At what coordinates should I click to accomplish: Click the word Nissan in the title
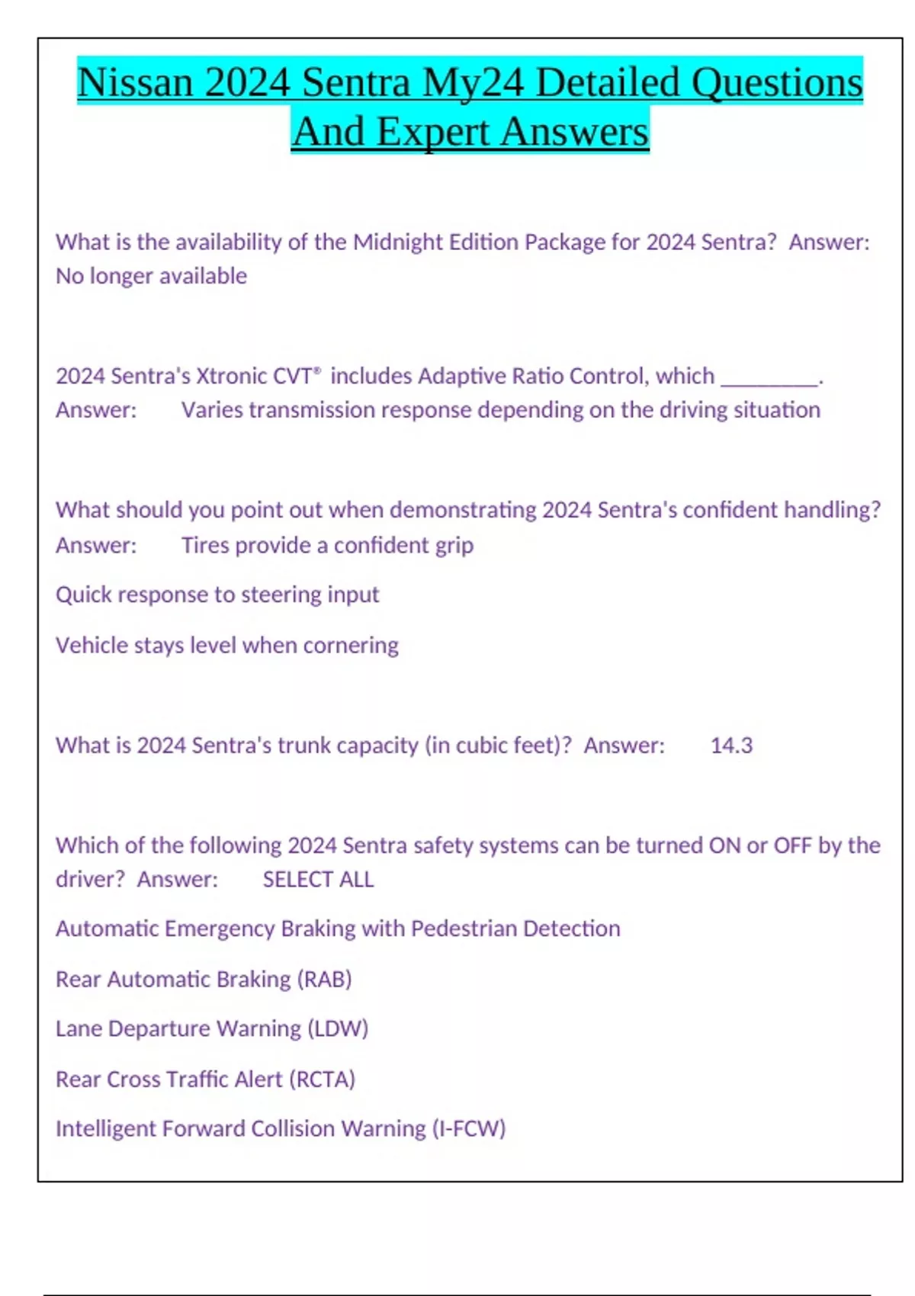pos(135,82)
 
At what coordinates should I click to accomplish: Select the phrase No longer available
pos(151,276)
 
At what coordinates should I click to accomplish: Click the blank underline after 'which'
pos(769,380)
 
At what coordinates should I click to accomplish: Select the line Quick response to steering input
pos(217,595)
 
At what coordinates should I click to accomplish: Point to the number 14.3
pos(731,746)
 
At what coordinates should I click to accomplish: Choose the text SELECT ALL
pos(318,880)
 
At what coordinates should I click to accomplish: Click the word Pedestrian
pos(464,929)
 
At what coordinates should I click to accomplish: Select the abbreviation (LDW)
pos(338,1029)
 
